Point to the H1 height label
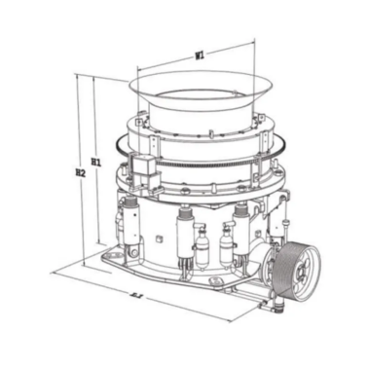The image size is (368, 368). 95,161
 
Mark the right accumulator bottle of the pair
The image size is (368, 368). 226,247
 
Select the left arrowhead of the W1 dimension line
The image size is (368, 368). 137,69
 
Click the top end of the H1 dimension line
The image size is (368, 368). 94,82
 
